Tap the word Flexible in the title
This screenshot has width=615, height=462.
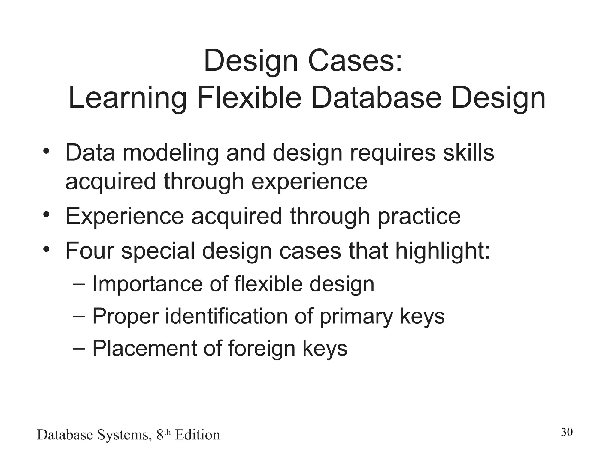(x=249, y=98)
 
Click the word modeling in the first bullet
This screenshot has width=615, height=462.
(x=171, y=153)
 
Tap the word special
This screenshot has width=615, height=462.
(x=158, y=251)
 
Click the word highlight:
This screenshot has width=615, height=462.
(x=442, y=251)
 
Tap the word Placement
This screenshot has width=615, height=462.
(x=144, y=348)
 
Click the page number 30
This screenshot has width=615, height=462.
(x=567, y=432)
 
